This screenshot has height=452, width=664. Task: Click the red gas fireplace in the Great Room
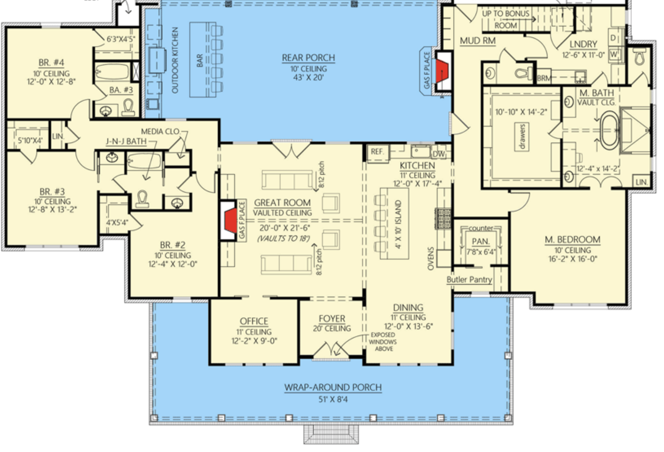pyautogui.click(x=231, y=220)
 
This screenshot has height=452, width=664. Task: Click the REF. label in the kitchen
pyautogui.click(x=377, y=152)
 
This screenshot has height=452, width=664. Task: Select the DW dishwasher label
pyautogui.click(x=439, y=154)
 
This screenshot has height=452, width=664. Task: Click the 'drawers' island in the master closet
pyautogui.click(x=522, y=137)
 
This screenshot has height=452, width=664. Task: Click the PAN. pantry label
pyautogui.click(x=481, y=242)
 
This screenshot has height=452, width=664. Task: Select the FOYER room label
pyautogui.click(x=332, y=318)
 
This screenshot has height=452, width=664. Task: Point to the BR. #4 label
pyautogui.click(x=51, y=63)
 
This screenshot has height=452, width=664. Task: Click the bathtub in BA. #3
pyautogui.click(x=112, y=71)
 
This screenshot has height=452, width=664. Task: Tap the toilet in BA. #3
pyautogui.click(x=128, y=107)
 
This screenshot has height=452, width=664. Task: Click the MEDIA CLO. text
pyautogui.click(x=160, y=132)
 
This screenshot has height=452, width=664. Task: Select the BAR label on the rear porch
pyautogui.click(x=199, y=60)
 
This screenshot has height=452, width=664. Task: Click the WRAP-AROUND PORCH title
pyautogui.click(x=333, y=387)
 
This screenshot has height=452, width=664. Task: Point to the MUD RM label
pyautogui.click(x=477, y=41)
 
